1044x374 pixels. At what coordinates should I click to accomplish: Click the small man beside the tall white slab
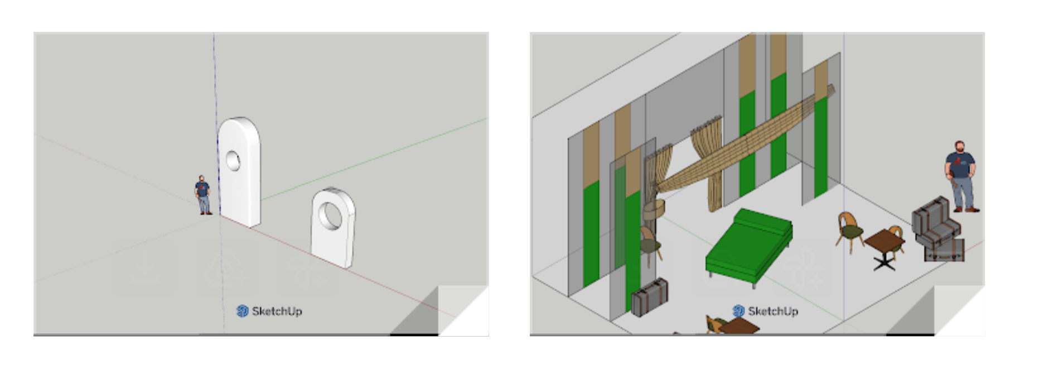click(203, 195)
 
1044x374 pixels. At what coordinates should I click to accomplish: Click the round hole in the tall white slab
click(233, 161)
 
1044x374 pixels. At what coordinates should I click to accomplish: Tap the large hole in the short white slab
click(330, 216)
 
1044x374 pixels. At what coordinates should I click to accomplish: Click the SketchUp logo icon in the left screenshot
click(242, 311)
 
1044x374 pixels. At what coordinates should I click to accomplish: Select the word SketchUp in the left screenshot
click(277, 311)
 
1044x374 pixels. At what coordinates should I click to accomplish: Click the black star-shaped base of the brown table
click(884, 263)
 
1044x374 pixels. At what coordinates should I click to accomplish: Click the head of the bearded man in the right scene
click(960, 147)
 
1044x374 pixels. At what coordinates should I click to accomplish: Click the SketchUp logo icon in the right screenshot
click(738, 311)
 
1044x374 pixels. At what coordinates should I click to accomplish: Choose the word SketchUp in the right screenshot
click(773, 311)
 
